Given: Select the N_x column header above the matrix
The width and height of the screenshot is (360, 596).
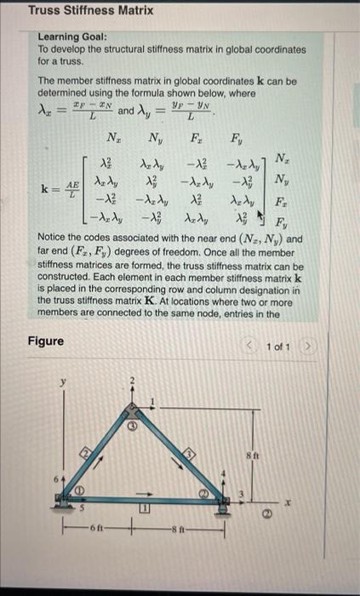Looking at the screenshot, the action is tap(111, 135).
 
